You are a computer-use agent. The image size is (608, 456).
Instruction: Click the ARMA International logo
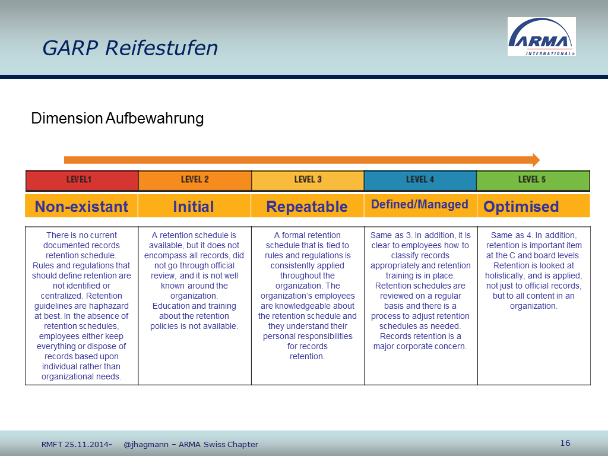click(541, 36)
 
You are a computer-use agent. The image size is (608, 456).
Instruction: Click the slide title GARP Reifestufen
click(130, 48)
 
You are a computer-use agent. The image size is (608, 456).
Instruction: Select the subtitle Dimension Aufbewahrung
click(117, 118)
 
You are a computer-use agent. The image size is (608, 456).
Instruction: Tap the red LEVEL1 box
click(82, 180)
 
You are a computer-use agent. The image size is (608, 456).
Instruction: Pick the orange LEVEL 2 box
click(195, 180)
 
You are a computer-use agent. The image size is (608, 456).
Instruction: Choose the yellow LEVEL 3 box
click(308, 180)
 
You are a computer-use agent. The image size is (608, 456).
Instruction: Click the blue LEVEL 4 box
click(420, 180)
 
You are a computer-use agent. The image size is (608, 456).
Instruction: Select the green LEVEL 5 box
click(533, 180)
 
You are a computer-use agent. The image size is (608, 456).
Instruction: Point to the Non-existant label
click(81, 207)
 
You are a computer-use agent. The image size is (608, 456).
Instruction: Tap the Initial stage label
click(194, 207)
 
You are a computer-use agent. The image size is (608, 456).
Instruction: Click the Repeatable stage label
click(307, 207)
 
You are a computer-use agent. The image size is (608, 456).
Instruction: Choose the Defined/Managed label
click(420, 204)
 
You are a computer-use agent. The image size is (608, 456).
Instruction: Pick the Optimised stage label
click(521, 207)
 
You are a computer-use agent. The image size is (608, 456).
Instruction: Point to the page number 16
click(565, 443)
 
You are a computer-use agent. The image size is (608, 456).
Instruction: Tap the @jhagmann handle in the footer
click(146, 444)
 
